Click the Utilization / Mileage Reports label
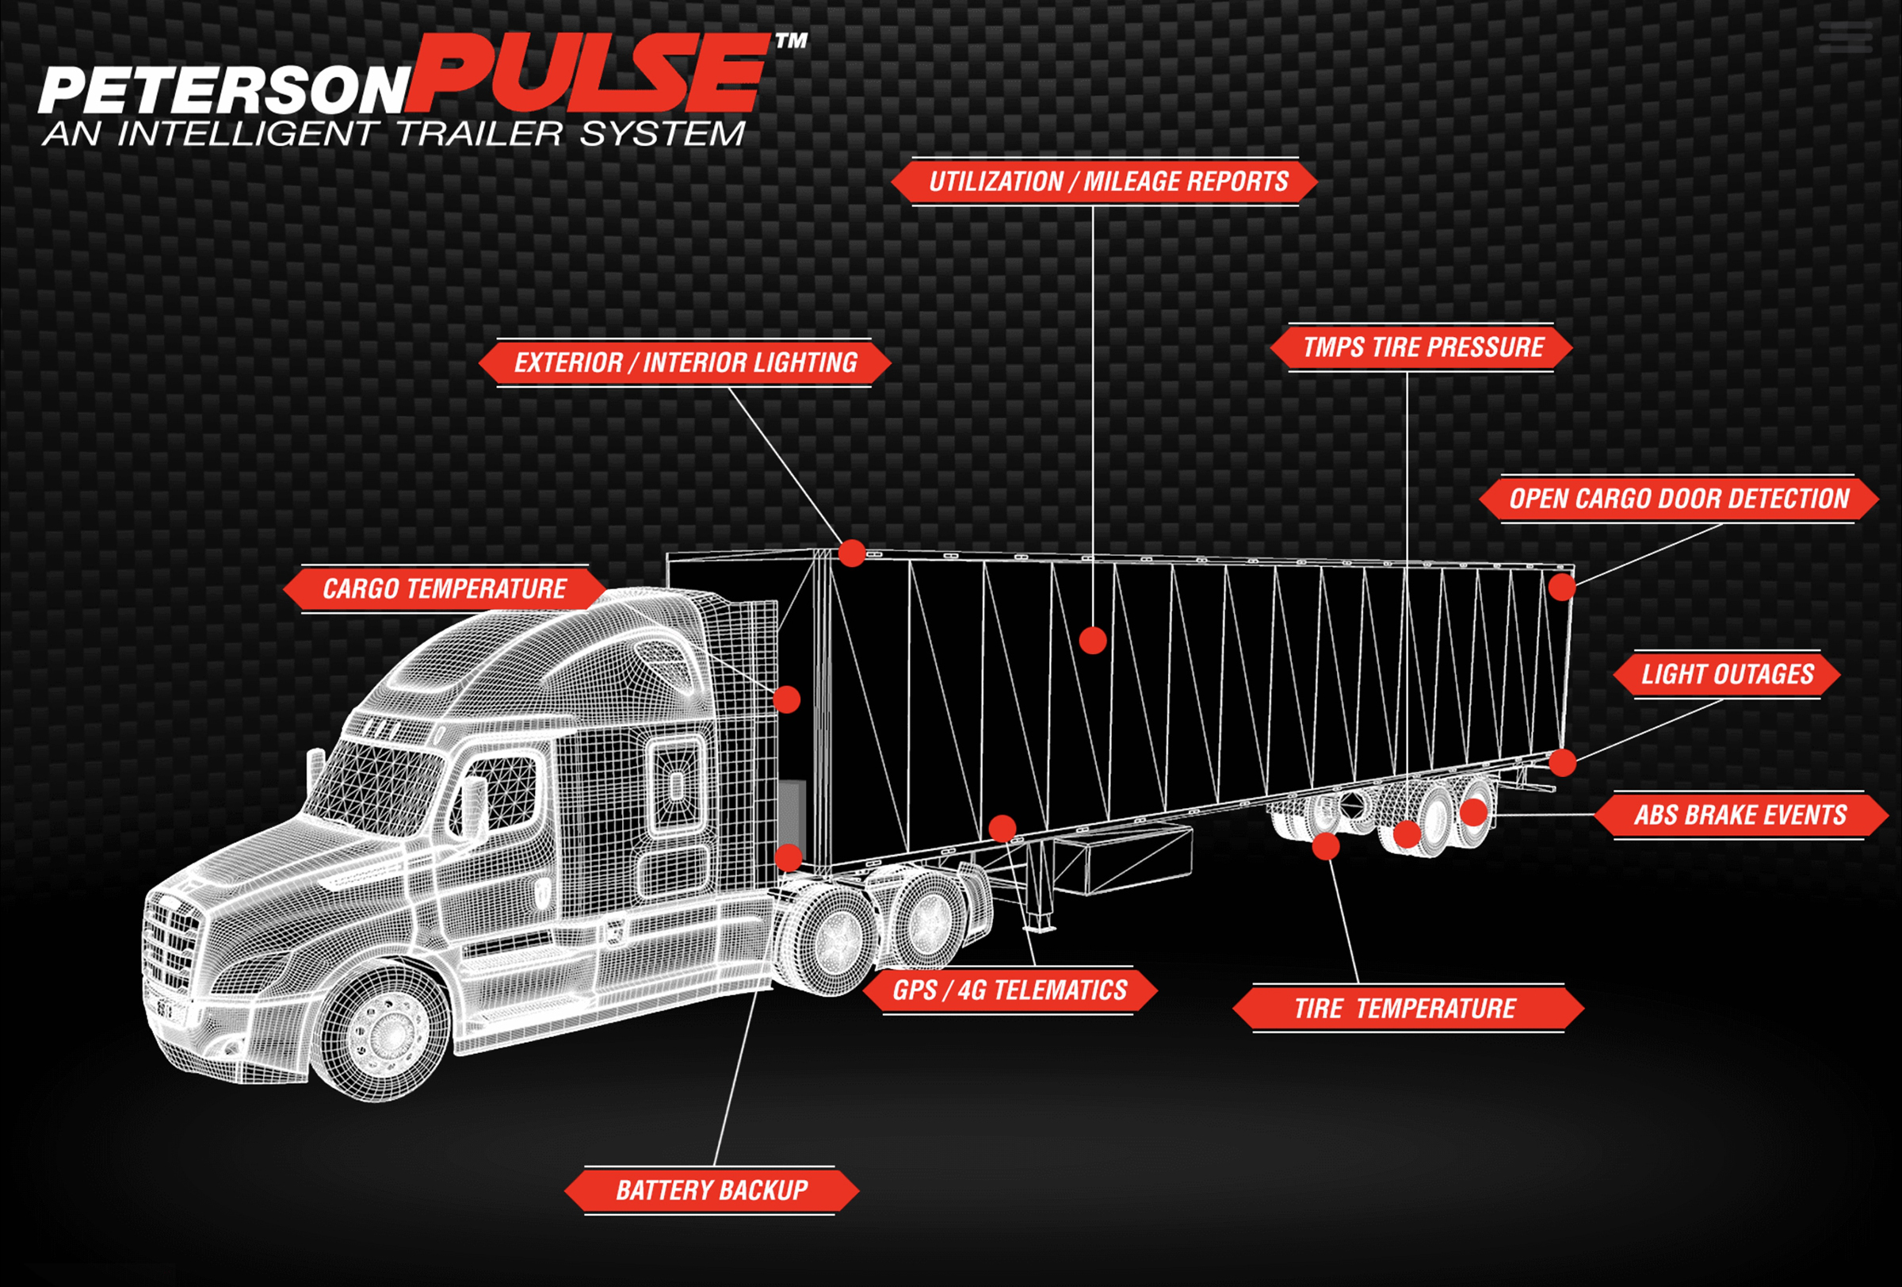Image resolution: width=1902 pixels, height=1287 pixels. (1104, 181)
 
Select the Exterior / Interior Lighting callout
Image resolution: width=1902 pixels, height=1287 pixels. (685, 362)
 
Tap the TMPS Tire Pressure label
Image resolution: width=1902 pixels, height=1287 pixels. (1422, 347)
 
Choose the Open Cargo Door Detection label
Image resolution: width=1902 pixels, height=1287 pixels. (1679, 499)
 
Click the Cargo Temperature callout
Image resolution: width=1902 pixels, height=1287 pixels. (445, 588)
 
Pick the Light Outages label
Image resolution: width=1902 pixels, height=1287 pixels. (1727, 675)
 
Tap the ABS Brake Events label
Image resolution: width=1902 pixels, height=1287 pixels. (1740, 814)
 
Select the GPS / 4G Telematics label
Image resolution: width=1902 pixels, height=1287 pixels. (1009, 990)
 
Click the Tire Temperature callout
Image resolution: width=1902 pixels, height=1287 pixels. (1408, 1008)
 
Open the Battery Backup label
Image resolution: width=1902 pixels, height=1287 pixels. (711, 1190)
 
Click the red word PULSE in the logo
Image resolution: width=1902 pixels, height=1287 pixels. (587, 74)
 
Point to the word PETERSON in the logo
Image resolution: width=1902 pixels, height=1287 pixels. (223, 90)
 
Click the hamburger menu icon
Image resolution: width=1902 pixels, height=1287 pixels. (1845, 37)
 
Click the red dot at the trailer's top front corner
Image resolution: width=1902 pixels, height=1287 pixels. (852, 553)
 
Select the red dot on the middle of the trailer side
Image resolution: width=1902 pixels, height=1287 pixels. (1093, 640)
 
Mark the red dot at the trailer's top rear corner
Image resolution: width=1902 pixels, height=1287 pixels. (1561, 587)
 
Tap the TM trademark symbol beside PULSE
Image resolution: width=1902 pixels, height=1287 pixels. (791, 40)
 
